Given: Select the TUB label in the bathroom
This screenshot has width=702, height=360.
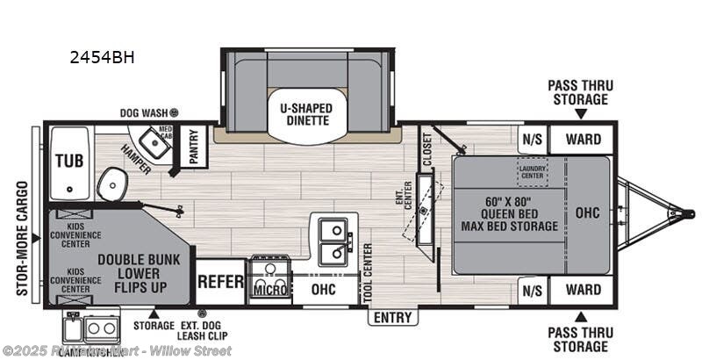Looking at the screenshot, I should (x=69, y=161).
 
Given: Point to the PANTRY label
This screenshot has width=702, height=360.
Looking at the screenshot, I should (x=195, y=148).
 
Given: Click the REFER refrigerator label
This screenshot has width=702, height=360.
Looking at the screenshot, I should (x=220, y=283).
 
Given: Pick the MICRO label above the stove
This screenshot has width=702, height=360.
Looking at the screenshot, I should (x=271, y=289).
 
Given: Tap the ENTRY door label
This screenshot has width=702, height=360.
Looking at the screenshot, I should (x=391, y=317).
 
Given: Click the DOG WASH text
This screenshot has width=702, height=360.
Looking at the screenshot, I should (x=144, y=113).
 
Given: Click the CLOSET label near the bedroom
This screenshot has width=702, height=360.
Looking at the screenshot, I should (x=427, y=148).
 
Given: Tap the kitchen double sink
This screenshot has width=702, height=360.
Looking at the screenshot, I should (x=333, y=241).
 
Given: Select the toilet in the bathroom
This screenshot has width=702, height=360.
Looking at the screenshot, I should (x=111, y=184).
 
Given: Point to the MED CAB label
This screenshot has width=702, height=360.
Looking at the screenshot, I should (x=166, y=132).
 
